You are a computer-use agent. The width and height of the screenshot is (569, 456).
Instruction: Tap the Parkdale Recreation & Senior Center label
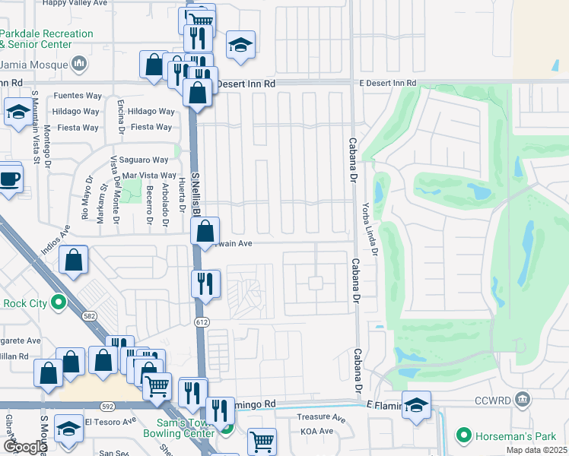[46, 40]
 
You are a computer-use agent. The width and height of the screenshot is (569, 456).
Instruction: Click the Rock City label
[26, 304]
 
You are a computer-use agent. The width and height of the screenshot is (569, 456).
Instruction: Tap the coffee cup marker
[9, 180]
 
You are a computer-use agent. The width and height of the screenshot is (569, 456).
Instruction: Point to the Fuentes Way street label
[77, 97]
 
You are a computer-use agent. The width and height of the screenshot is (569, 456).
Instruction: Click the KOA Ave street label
[316, 431]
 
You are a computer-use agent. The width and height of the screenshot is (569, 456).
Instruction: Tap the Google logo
[25, 447]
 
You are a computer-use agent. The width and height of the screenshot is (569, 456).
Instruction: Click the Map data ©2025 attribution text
[536, 450]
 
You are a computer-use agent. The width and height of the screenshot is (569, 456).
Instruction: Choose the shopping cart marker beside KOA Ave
[262, 441]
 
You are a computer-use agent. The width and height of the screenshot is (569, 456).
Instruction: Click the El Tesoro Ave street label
[110, 420]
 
